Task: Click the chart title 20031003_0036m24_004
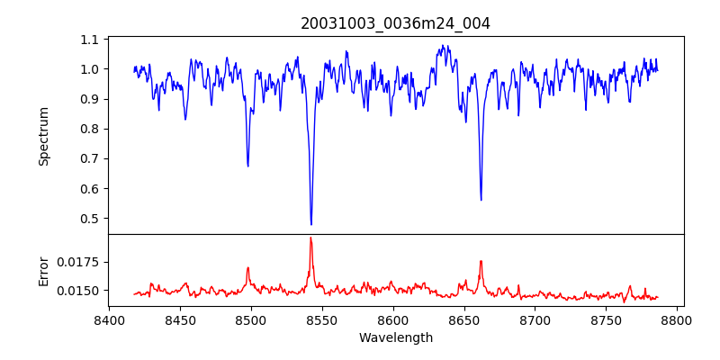pyautogui.click(x=395, y=23)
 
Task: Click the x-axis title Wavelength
pyautogui.click(x=395, y=337)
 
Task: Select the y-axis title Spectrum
pyautogui.click(x=44, y=136)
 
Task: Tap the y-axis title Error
pyautogui.click(x=44, y=270)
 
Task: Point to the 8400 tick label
pyautogui.click(x=109, y=319)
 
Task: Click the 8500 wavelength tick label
pyautogui.click(x=251, y=319)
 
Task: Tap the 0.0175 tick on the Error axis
pyautogui.click(x=79, y=262)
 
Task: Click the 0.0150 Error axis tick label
pyautogui.click(x=79, y=291)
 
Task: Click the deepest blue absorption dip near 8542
pyautogui.click(x=311, y=224)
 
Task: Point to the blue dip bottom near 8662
pyautogui.click(x=481, y=200)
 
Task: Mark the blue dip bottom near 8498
pyautogui.click(x=247, y=166)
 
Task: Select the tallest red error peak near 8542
pyautogui.click(x=310, y=238)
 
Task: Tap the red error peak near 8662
pyautogui.click(x=481, y=261)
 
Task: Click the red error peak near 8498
pyautogui.click(x=247, y=267)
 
